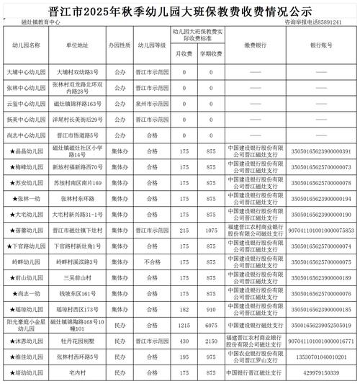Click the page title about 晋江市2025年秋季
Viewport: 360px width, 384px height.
180,9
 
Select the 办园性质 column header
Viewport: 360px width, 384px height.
120,45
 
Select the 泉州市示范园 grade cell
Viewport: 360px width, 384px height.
152,104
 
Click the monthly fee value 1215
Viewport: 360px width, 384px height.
185,325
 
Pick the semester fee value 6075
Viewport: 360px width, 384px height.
211,325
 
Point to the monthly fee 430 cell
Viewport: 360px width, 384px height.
185,341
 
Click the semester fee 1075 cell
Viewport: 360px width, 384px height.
211,231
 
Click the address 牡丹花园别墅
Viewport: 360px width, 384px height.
78,341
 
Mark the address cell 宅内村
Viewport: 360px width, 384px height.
78,372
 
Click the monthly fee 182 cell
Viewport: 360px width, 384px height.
185,309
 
